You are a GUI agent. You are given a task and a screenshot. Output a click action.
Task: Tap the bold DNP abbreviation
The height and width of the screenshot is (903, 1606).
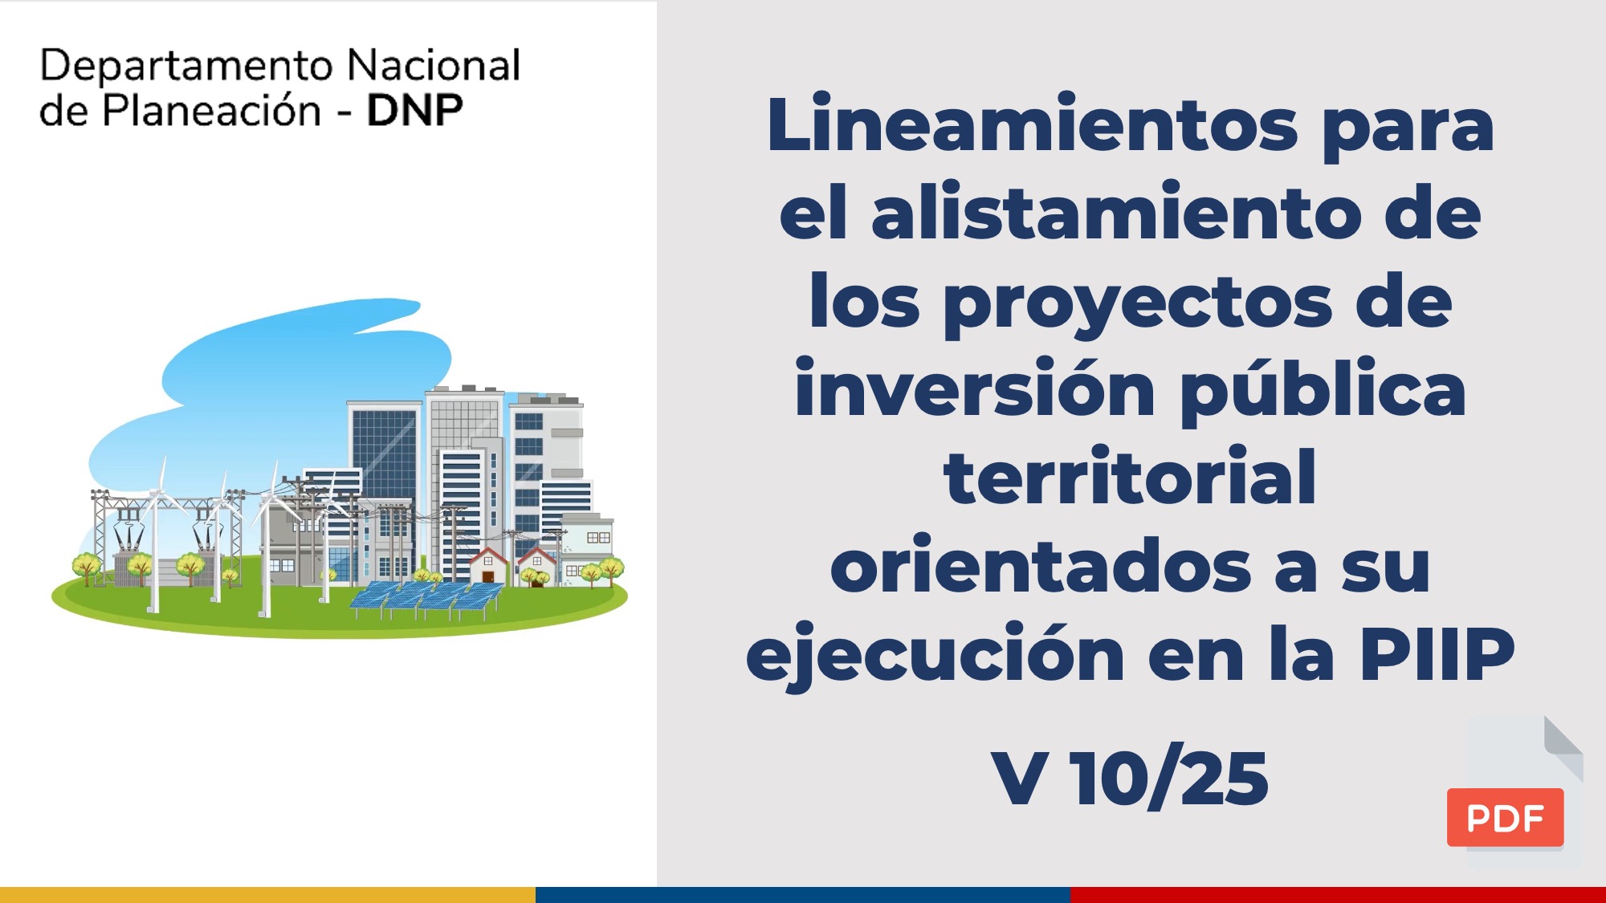tap(414, 111)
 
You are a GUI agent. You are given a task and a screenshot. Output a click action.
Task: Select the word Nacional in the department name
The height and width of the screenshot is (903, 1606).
tap(434, 65)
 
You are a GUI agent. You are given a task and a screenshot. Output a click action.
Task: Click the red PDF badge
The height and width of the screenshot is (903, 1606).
tap(1505, 817)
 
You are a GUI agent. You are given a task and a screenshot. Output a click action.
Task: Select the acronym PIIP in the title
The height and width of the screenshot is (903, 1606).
tap(1437, 653)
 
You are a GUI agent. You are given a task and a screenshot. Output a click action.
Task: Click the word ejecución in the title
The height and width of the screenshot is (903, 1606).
tap(935, 653)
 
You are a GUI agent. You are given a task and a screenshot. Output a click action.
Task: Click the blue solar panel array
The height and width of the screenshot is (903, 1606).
tap(426, 598)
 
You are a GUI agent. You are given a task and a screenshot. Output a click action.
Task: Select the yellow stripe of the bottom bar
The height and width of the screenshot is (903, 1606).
tap(267, 895)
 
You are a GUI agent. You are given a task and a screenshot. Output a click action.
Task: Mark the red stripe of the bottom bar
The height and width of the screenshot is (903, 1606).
tap(1338, 895)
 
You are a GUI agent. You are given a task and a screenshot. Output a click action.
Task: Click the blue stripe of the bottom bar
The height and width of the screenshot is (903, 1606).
tap(803, 895)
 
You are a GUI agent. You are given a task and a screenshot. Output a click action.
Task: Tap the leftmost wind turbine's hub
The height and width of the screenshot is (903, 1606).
tap(158, 492)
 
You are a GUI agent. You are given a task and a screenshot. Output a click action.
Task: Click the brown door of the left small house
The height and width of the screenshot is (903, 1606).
tap(487, 576)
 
